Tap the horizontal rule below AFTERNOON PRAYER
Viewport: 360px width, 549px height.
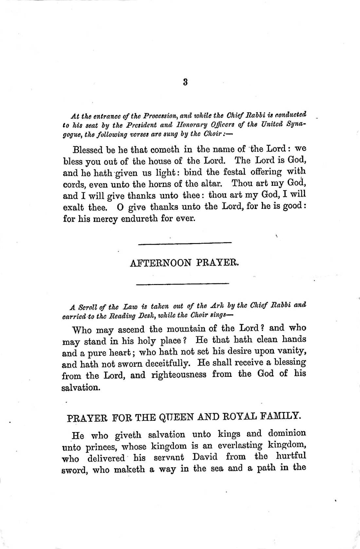(x=183, y=283)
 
